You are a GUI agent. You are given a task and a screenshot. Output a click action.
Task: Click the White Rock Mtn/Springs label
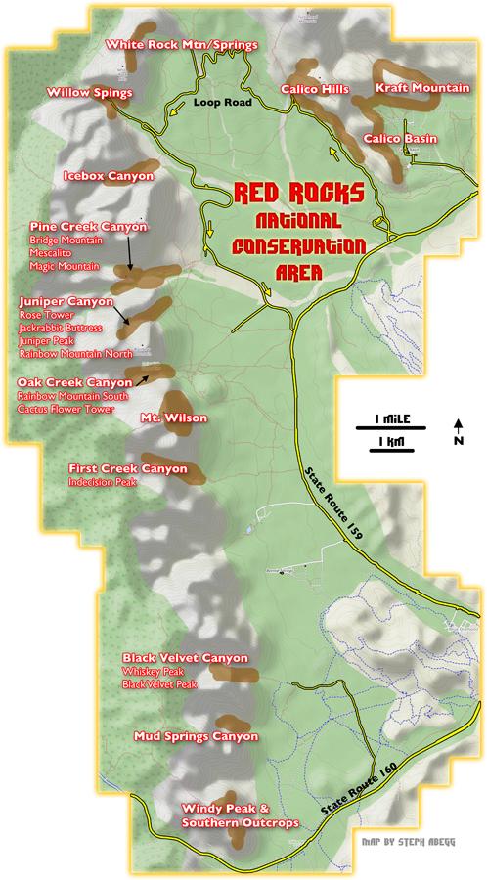point(181,45)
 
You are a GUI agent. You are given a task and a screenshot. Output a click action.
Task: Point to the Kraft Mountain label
point(422,89)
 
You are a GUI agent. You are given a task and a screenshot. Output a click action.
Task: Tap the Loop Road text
point(223,102)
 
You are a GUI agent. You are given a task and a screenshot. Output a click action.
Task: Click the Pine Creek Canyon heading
point(88,227)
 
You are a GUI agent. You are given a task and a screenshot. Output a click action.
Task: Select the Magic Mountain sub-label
point(64,266)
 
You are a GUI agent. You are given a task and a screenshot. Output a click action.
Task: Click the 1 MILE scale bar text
point(385,420)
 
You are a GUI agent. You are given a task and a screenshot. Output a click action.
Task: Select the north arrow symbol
point(459,431)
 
